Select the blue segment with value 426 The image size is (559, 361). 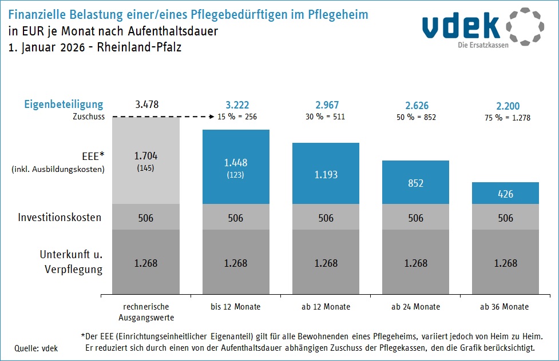tap(506, 193)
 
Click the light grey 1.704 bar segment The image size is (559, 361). tap(146, 160)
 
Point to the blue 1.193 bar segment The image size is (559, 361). tap(326, 173)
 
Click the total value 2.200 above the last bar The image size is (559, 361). tap(506, 106)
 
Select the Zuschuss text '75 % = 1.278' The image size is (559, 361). tap(506, 117)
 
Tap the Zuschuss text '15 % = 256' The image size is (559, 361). tap(237, 117)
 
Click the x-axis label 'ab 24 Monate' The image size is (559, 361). tap(416, 307)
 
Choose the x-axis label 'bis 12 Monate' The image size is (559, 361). tap(236, 307)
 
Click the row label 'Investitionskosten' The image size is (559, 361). tap(60, 218)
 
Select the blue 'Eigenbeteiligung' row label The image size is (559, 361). tap(64, 105)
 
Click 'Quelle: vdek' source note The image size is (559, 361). tap(36, 348)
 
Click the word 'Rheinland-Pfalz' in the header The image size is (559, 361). tap(140, 47)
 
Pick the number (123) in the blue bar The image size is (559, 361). tap(236, 175)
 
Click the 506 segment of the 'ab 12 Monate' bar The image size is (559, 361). tap(326, 218)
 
